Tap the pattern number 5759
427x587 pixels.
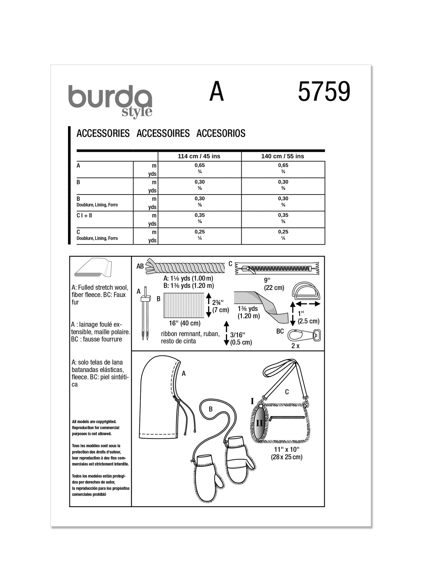point(324,92)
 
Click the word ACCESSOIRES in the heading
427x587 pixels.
point(163,133)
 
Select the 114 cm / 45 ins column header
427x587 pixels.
point(199,156)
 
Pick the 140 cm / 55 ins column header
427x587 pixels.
point(283,156)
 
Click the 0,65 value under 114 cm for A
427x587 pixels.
point(200,165)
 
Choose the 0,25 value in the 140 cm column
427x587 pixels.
point(283,232)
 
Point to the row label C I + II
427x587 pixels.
point(84,215)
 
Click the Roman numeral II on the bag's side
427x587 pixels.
point(259,423)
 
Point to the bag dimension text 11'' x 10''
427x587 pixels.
point(287,449)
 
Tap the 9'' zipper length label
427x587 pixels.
point(268,280)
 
